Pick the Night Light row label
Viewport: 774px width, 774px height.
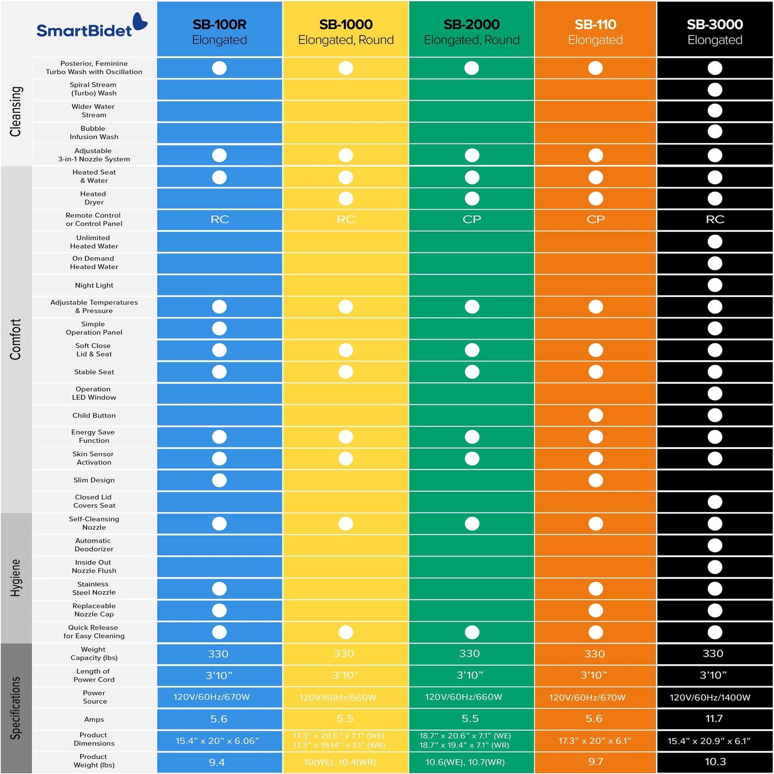point(94,285)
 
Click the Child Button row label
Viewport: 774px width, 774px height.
point(94,415)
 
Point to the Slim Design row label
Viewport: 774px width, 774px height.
point(94,480)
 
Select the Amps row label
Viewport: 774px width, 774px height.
point(94,719)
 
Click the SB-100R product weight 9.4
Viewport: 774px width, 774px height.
point(217,762)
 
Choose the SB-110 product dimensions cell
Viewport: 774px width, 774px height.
point(594,741)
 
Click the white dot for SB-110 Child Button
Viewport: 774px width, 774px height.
point(595,415)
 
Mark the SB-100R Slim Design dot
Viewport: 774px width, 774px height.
point(219,480)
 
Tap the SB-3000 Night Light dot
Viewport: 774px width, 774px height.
point(715,285)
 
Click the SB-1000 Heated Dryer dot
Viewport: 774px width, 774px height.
point(346,199)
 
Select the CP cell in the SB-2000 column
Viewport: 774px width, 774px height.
point(472,219)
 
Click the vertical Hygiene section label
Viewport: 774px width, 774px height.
point(16,578)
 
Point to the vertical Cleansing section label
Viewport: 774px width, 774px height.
point(16,111)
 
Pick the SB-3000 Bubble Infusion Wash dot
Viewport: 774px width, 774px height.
point(715,132)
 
